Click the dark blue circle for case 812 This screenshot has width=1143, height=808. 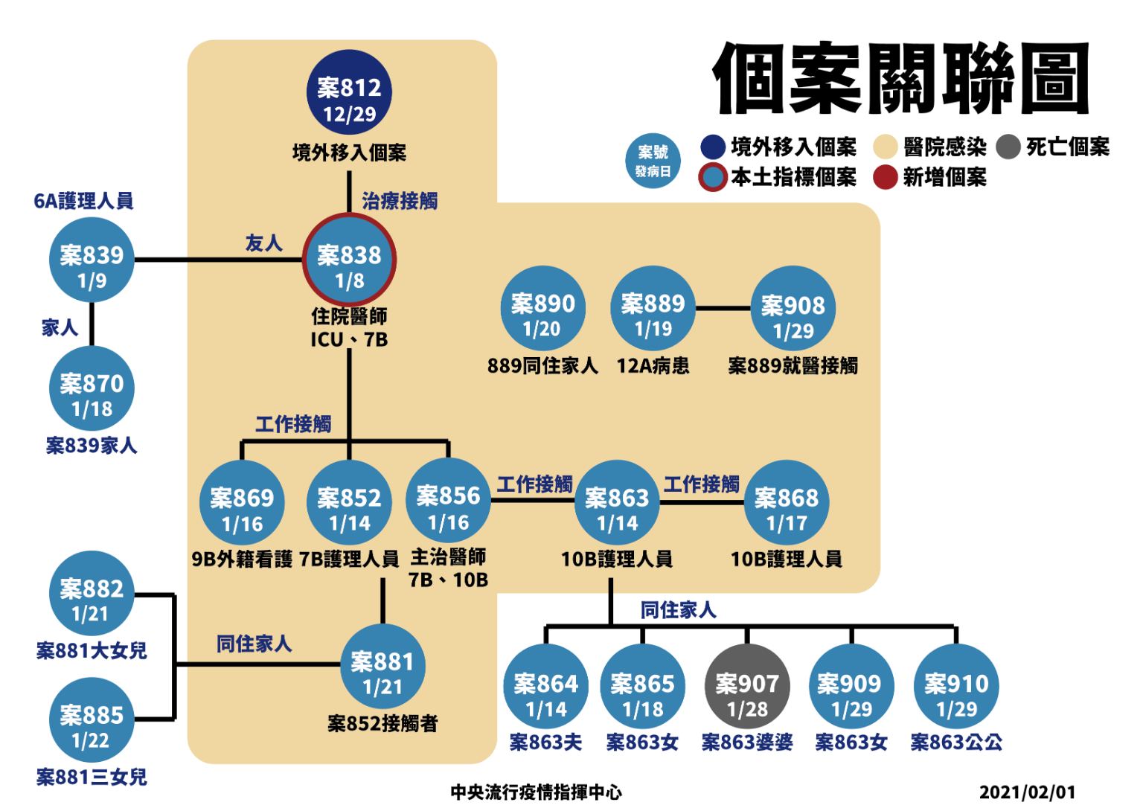point(349,92)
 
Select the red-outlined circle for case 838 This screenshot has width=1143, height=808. point(349,260)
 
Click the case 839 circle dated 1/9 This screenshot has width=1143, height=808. point(92,260)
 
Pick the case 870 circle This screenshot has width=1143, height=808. point(92,388)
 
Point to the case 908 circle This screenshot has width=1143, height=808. point(793,308)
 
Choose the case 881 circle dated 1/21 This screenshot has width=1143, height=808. point(382,666)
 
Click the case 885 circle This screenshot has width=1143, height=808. point(92,719)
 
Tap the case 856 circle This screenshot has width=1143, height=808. point(448,500)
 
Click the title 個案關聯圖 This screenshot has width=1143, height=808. point(901,78)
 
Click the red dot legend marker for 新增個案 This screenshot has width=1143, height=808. point(885,177)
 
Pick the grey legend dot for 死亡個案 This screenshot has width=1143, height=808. point(1008,147)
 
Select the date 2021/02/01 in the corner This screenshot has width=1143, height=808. point(1027,792)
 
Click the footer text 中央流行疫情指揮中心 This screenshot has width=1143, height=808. point(536,792)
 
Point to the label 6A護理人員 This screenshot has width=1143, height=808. point(83,201)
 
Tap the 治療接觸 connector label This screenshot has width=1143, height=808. point(400,201)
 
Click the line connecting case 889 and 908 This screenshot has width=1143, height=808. point(723,307)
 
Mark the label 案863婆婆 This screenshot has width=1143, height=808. point(747,742)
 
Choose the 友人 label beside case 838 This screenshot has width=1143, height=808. point(263,243)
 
